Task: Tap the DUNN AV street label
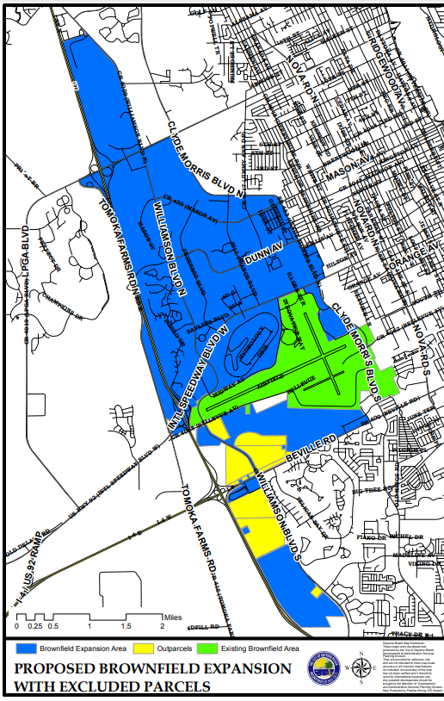pos(265,251)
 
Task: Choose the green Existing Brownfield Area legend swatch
pos(207,648)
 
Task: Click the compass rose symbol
pos(361,667)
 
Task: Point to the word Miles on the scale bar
pos(176,617)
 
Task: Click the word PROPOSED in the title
pos(61,668)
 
